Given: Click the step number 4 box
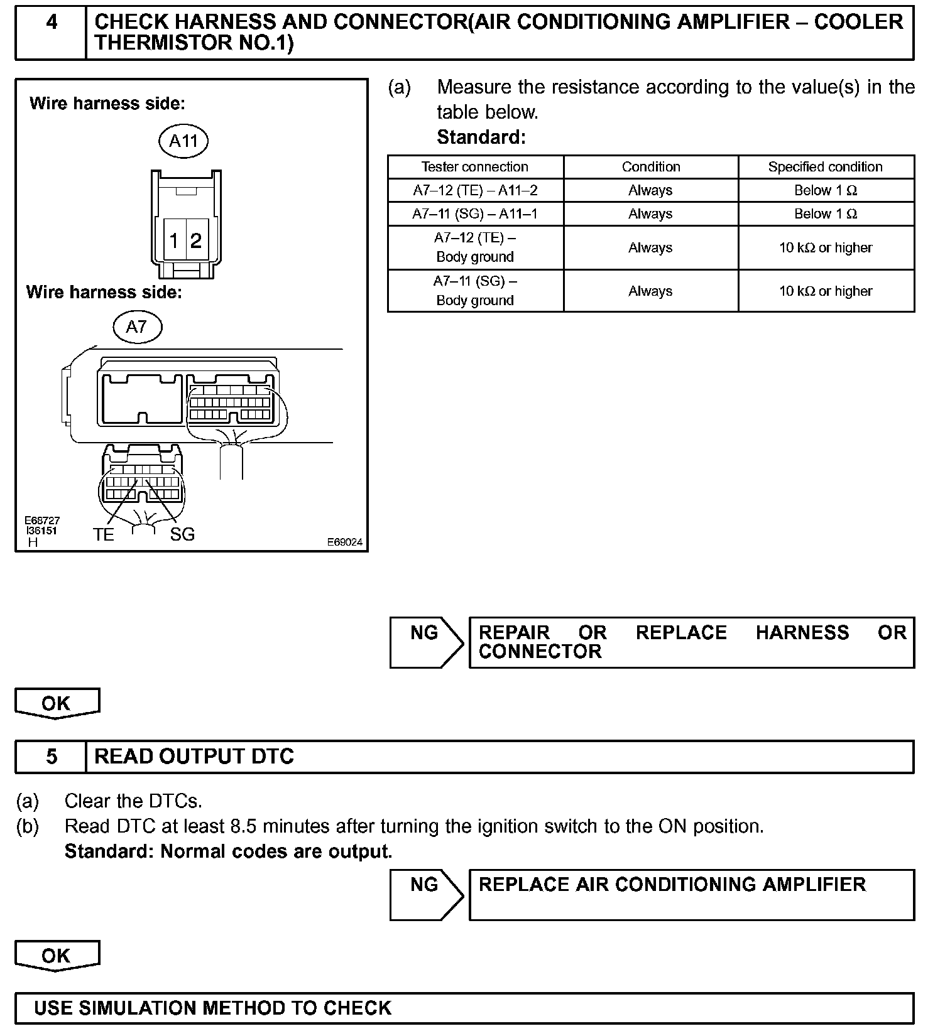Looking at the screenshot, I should (x=51, y=32).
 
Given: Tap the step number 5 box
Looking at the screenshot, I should (x=51, y=757).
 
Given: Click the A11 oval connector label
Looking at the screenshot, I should (x=183, y=141).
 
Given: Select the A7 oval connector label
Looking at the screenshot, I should (x=137, y=326).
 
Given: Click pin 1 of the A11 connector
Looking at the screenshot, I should (x=174, y=240).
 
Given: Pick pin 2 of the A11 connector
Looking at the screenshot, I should (x=196, y=240).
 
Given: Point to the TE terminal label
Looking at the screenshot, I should (x=104, y=534).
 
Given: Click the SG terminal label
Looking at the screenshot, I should (x=182, y=534).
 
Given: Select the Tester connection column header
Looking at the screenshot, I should (x=475, y=167).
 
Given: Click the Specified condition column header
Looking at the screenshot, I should (x=826, y=167).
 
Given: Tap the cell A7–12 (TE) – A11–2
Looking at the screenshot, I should (x=475, y=190).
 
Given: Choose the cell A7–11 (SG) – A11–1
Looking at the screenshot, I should (x=475, y=214).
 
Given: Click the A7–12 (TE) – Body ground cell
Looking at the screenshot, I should (x=475, y=247).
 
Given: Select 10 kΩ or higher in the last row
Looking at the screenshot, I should (x=826, y=291).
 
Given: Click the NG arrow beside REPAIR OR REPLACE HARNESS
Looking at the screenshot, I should (x=425, y=642).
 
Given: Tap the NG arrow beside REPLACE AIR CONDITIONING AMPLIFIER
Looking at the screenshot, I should (x=425, y=893).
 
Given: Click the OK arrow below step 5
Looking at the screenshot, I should (x=57, y=956).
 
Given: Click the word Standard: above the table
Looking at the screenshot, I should (x=481, y=137).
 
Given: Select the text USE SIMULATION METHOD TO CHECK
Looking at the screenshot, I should (x=212, y=1008).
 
